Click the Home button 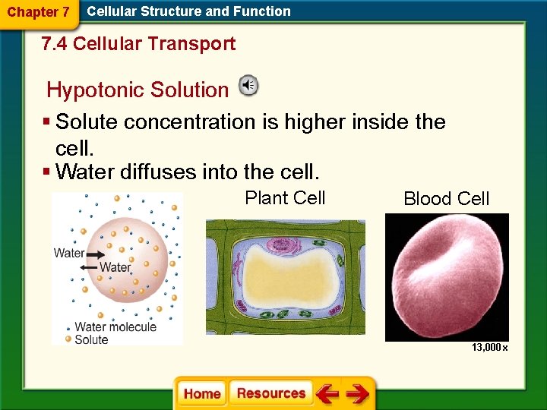pyautogui.click(x=202, y=393)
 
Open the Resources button pyautogui.click(x=270, y=393)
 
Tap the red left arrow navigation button pyautogui.click(x=328, y=394)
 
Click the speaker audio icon pyautogui.click(x=248, y=86)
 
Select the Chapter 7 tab pyautogui.click(x=38, y=12)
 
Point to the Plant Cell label pyautogui.click(x=285, y=198)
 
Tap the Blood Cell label pyautogui.click(x=447, y=199)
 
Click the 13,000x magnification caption pyautogui.click(x=489, y=347)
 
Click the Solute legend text pyautogui.click(x=91, y=339)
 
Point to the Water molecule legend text pyautogui.click(x=115, y=327)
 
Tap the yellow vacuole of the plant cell pyautogui.click(x=285, y=277)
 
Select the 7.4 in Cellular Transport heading pyautogui.click(x=55, y=44)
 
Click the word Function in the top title pyautogui.click(x=264, y=11)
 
